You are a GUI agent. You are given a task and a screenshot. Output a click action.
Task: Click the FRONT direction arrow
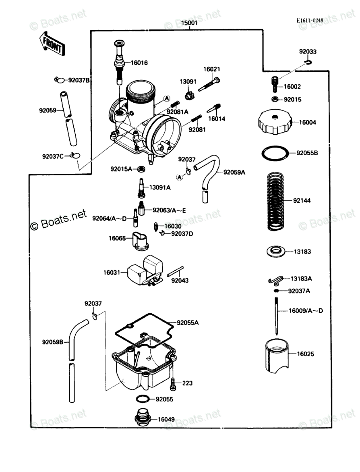click(52, 44)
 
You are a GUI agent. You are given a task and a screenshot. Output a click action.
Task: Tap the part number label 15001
click(190, 23)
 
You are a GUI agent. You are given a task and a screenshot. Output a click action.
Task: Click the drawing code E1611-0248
click(310, 21)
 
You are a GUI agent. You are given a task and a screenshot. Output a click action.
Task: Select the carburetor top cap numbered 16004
click(275, 122)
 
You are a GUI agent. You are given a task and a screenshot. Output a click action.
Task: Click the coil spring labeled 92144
click(275, 202)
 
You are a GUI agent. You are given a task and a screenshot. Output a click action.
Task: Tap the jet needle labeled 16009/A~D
click(276, 316)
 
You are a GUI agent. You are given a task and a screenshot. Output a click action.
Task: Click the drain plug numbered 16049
click(143, 417)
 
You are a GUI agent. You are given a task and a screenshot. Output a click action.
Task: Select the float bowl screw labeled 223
click(173, 384)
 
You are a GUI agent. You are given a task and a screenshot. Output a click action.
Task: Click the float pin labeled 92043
click(175, 271)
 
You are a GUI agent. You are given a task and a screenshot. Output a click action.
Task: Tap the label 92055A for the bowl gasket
click(188, 323)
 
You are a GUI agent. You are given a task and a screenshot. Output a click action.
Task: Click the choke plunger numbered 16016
click(120, 62)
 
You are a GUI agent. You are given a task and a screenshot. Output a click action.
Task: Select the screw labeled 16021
click(209, 85)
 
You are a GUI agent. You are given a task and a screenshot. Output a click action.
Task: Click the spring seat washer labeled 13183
click(276, 251)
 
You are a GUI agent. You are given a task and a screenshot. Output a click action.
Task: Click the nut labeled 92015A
click(141, 169)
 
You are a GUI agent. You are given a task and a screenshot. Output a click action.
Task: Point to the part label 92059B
click(53, 342)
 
